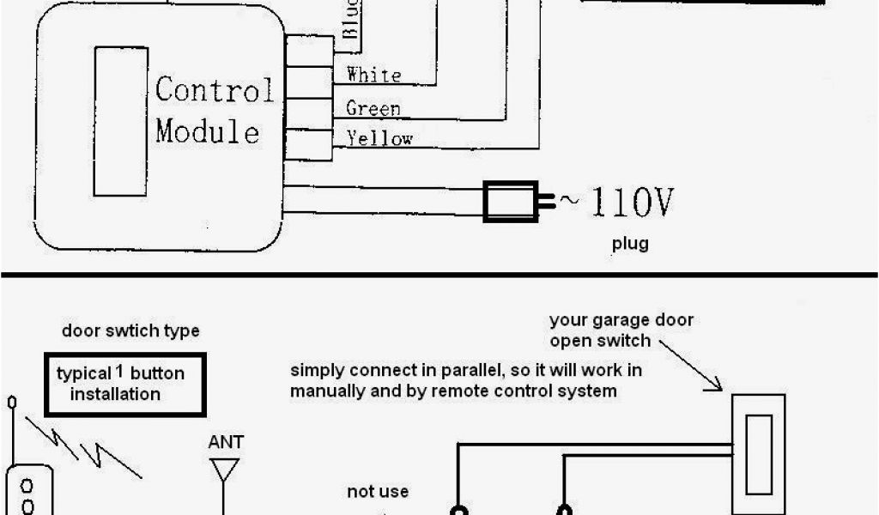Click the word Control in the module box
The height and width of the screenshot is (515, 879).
point(215,90)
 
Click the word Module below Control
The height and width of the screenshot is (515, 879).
point(207,132)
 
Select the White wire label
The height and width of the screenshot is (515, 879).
point(373,76)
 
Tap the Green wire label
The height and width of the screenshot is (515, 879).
point(373,108)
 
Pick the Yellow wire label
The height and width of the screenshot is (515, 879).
point(379,138)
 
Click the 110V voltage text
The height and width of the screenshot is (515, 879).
point(628,203)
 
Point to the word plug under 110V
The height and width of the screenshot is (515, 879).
point(630,244)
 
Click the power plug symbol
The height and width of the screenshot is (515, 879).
point(513,202)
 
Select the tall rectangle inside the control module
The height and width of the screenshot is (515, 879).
point(120,121)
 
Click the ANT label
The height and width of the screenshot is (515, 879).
point(226,442)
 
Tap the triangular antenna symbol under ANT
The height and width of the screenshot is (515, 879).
point(226,468)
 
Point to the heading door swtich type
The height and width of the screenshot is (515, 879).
point(130,331)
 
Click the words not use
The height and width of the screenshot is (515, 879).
point(378,492)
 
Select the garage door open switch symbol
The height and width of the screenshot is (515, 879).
point(758,455)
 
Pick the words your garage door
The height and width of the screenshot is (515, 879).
point(621,321)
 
